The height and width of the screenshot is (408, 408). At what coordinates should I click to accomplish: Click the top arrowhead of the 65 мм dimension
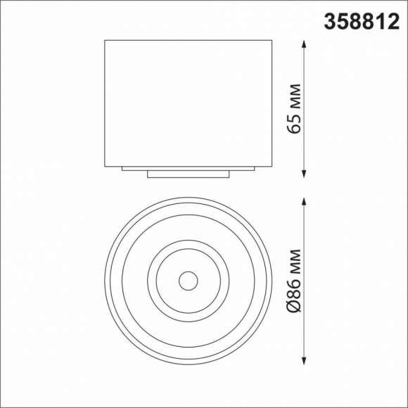305,44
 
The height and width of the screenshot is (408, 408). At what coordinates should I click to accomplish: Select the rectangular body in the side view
188,102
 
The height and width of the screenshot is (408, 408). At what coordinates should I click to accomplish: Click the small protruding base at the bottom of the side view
188,174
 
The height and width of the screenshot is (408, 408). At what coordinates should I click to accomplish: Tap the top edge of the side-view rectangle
188,40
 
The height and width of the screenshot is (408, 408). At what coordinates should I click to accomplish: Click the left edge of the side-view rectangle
106,102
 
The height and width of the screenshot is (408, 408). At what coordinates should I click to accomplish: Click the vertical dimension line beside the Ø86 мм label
305,281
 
